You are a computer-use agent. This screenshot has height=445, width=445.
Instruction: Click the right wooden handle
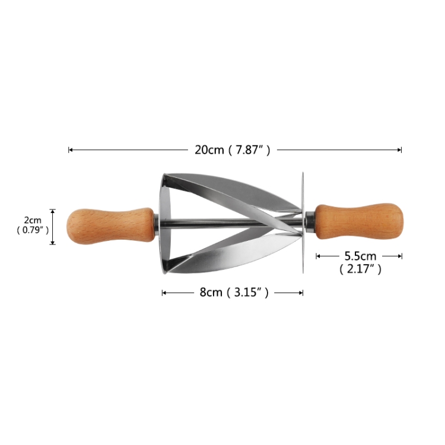358,221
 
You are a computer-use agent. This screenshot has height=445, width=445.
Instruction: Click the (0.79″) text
33,230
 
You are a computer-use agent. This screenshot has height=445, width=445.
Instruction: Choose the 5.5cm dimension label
360,256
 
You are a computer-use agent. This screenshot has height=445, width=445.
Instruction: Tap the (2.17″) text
360,269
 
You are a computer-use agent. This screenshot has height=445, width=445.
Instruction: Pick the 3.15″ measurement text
249,292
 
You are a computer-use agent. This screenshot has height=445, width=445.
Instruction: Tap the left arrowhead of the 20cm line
70,150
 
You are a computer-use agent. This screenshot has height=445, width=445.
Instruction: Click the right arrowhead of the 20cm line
401,150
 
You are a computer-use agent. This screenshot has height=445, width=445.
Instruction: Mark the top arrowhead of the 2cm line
53,211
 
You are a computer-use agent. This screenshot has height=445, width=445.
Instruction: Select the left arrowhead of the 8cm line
163,292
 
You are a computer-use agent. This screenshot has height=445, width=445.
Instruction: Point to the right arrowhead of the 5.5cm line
401,256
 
